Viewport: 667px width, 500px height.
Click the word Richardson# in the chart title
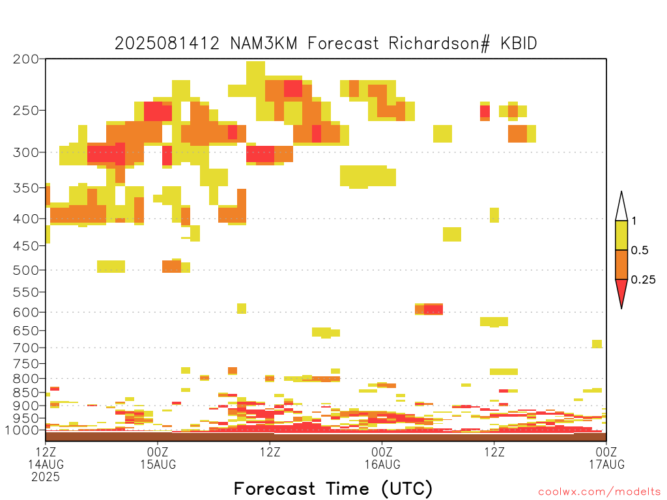[439, 44]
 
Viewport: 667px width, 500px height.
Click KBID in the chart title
[518, 44]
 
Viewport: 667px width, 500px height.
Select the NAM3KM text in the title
[264, 44]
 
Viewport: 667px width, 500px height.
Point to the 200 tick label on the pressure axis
[26, 59]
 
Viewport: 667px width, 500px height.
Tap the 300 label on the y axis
[26, 152]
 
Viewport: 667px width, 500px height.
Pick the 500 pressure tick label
[26, 270]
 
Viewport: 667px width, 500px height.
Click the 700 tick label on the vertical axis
[26, 348]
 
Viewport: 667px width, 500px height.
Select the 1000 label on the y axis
[22, 430]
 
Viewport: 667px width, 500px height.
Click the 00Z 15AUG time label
[158, 458]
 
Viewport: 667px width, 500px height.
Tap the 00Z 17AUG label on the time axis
[606, 458]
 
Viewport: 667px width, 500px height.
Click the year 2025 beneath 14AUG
[46, 477]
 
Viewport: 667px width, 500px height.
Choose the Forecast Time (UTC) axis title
[333, 489]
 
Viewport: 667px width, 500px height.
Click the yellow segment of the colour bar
[621, 235]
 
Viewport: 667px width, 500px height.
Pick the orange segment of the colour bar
[621, 264]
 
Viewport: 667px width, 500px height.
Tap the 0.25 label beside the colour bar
[643, 280]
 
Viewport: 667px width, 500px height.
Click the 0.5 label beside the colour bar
[640, 251]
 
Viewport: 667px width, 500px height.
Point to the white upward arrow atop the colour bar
[621, 206]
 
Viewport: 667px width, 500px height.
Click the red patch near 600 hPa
[433, 309]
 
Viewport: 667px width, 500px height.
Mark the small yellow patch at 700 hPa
[597, 344]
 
